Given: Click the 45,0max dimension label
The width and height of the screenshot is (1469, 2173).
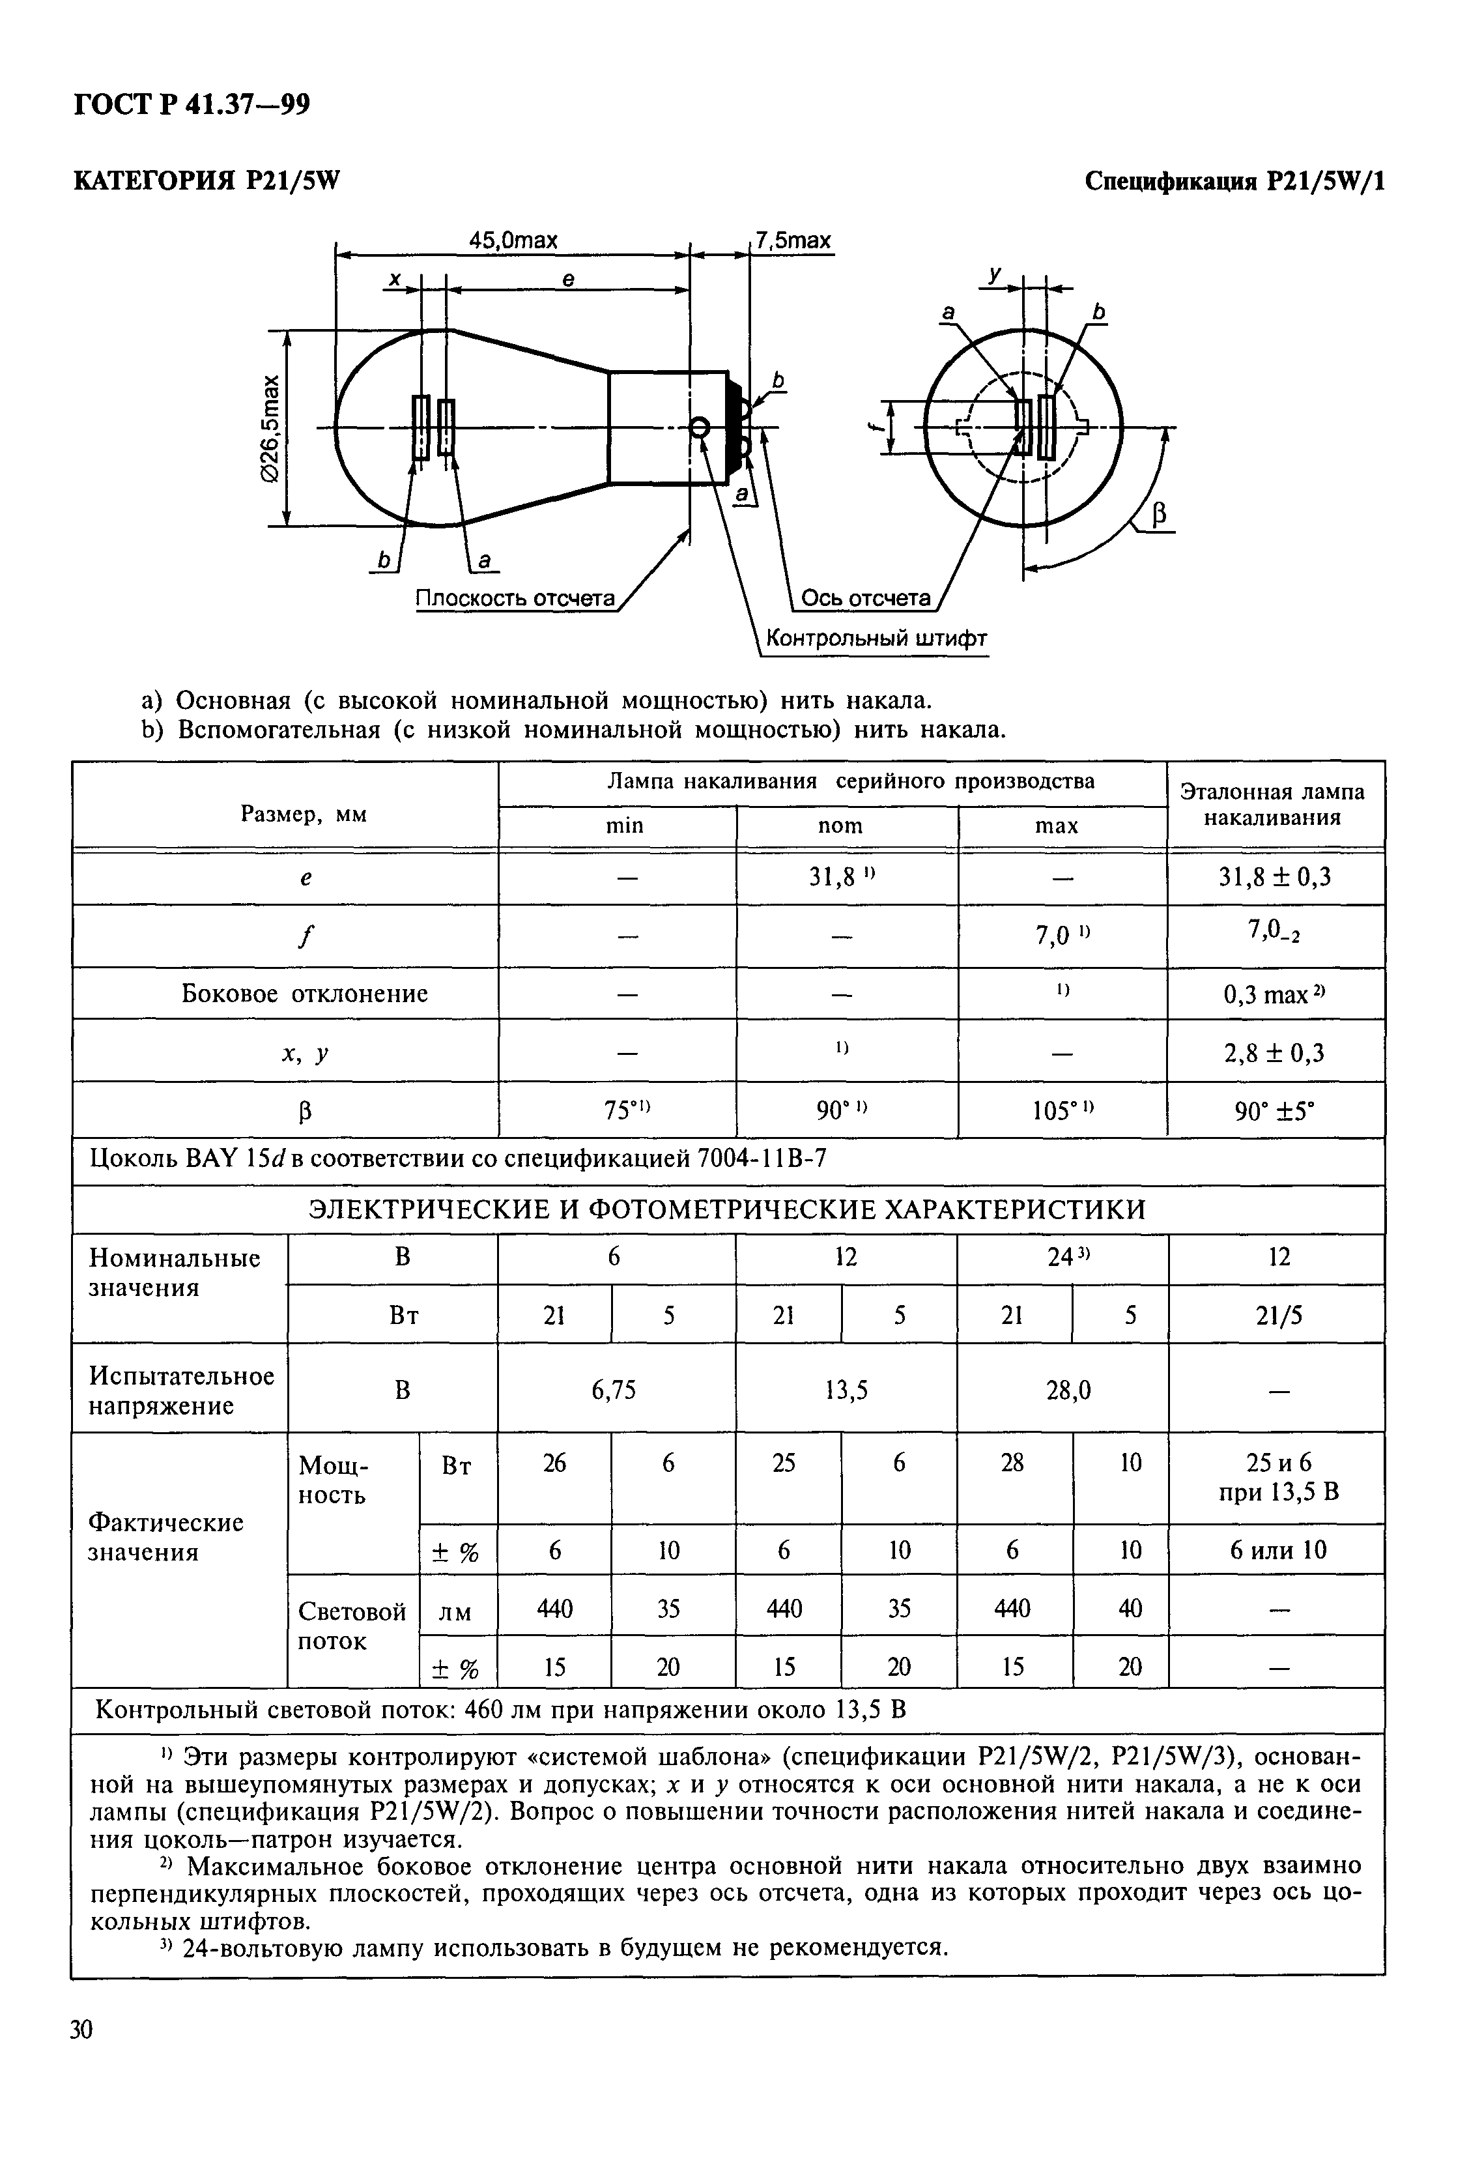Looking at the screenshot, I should click(x=513, y=240).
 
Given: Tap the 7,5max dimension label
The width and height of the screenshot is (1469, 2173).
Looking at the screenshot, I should click(x=793, y=240).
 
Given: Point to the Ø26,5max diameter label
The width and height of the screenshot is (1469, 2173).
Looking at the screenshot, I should click(x=270, y=428).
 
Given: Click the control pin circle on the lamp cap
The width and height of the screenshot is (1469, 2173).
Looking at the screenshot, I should click(x=698, y=428).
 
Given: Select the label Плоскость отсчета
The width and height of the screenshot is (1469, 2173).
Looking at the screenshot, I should click(x=515, y=598).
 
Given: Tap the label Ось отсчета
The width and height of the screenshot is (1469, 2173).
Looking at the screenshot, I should click(x=866, y=598).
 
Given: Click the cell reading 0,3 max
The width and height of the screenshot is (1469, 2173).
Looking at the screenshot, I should click(x=1274, y=994).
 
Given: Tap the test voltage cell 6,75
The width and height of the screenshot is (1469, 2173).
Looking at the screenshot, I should click(x=614, y=1390).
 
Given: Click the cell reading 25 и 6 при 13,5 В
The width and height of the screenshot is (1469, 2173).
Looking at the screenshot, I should click(x=1278, y=1476).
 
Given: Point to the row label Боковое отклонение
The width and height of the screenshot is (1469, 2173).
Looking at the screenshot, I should click(x=305, y=993).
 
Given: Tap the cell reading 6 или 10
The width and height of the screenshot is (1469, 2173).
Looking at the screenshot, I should click(x=1278, y=1550).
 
